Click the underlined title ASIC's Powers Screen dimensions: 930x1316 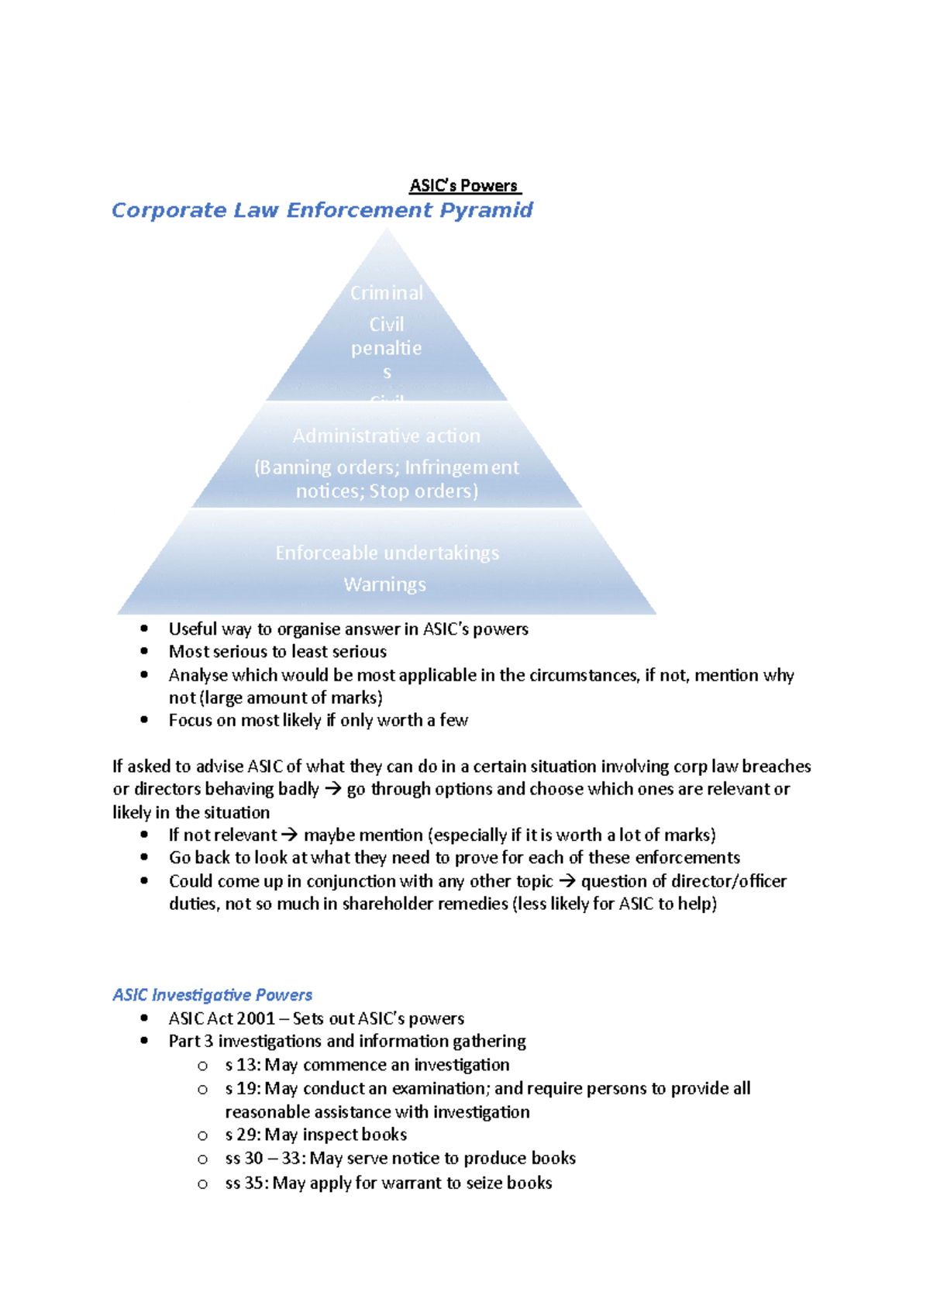(x=464, y=186)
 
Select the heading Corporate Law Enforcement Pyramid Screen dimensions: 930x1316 (x=322, y=210)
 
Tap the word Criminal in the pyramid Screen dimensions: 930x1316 (x=386, y=293)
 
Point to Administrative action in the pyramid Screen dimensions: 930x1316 (x=386, y=436)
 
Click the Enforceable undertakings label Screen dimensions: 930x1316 (x=387, y=553)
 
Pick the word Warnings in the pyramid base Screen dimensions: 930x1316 (x=384, y=584)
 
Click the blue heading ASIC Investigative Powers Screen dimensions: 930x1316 (x=212, y=994)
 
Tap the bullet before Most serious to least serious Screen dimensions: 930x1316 (x=144, y=652)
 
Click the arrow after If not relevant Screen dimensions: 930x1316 (x=289, y=835)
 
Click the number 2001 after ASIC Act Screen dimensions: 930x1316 (x=256, y=1018)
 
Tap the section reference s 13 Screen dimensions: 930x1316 (x=241, y=1065)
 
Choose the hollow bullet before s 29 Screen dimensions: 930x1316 (x=202, y=1135)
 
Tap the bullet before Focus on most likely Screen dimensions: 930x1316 (x=144, y=720)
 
